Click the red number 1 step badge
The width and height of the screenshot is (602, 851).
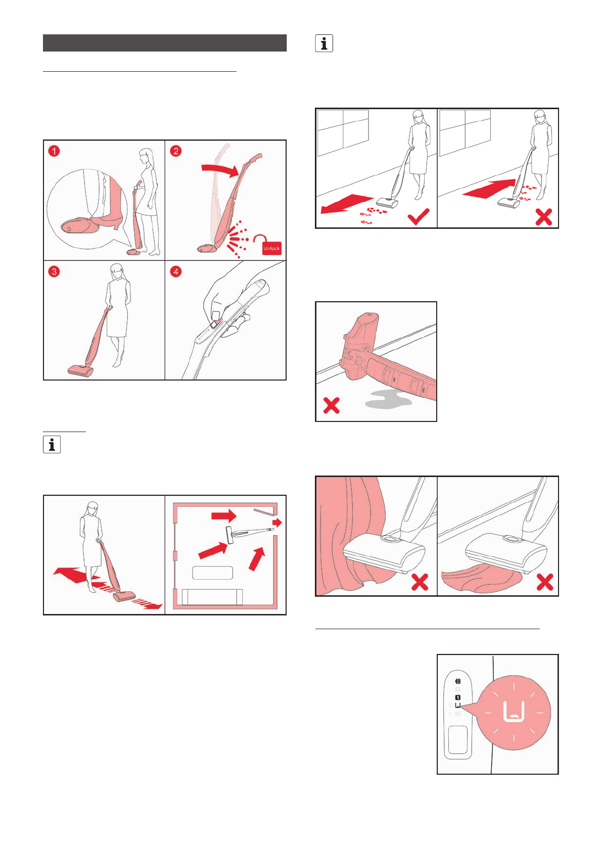54,151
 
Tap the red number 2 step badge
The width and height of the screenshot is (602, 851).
175,151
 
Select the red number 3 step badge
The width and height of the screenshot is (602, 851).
54,272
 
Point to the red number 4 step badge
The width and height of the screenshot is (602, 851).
175,272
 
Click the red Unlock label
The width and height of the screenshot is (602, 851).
271,248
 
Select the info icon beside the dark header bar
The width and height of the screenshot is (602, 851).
324,43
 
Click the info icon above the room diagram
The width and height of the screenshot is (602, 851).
52,445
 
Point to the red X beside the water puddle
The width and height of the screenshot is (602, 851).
332,405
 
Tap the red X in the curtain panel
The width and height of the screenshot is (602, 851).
420,582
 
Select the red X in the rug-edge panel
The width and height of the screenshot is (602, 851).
544,582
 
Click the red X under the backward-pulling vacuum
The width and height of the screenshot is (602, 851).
543,217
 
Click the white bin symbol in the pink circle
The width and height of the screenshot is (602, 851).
514,711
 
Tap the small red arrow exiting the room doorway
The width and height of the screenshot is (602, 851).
278,523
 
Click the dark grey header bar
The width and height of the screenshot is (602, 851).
165,43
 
